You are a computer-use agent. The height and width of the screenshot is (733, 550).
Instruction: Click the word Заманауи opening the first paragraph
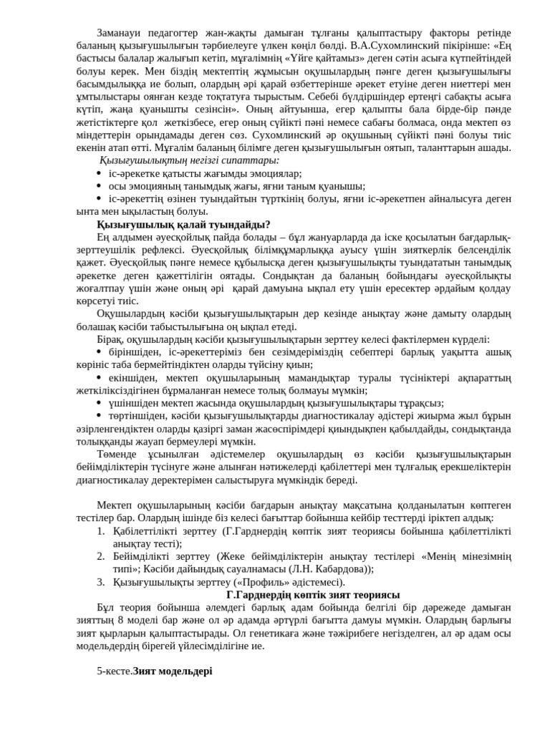pos(119,33)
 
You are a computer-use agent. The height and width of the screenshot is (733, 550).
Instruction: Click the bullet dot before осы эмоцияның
pos(99,185)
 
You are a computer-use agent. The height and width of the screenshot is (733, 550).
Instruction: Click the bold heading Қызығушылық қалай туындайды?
pos(183,224)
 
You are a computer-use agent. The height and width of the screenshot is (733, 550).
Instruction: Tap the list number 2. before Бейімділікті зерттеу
pos(101,556)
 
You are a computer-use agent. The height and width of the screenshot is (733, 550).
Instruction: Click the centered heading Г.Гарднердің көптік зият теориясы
pos(313,595)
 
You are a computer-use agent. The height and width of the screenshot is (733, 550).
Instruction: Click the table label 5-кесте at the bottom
pos(114,671)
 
